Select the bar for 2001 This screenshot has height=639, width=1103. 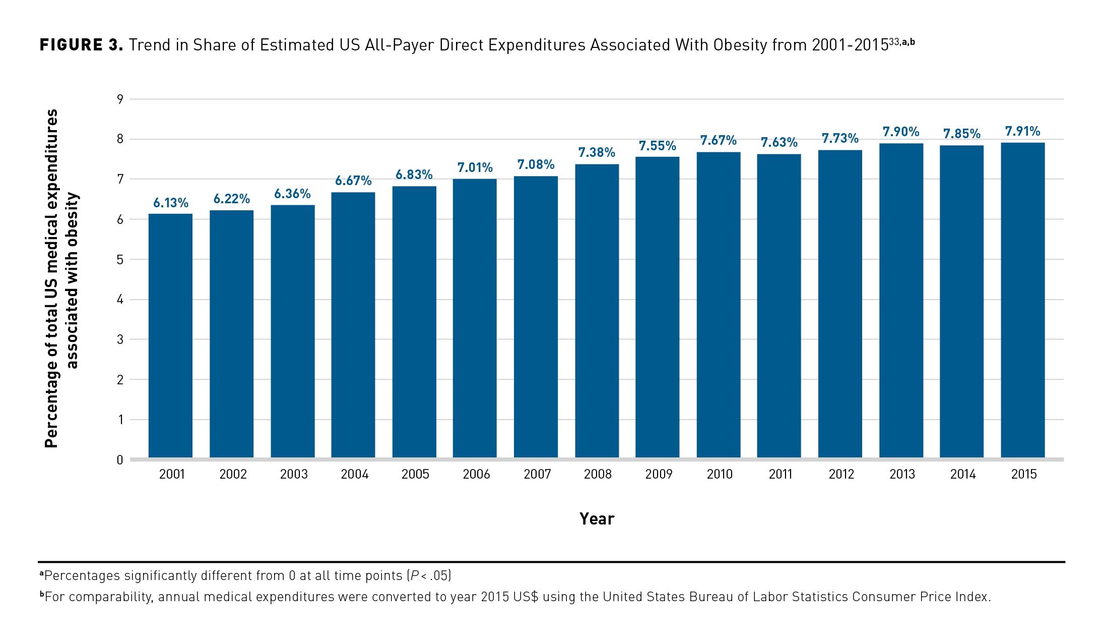pyautogui.click(x=170, y=335)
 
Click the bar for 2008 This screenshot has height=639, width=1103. pyautogui.click(x=597, y=311)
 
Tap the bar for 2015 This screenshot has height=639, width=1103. pyautogui.click(x=1022, y=300)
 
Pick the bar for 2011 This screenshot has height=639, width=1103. pyautogui.click(x=778, y=306)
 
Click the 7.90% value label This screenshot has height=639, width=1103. pyautogui.click(x=900, y=132)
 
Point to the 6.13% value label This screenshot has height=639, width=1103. pyautogui.click(x=171, y=203)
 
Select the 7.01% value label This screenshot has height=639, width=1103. pyautogui.click(x=475, y=167)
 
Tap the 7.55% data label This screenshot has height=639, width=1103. pyautogui.click(x=657, y=146)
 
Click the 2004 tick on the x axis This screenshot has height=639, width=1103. pyautogui.click(x=355, y=474)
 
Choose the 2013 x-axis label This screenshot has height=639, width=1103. pyautogui.click(x=902, y=474)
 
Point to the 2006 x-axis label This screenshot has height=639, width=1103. pyautogui.click(x=476, y=474)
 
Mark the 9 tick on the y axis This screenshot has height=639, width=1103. pyautogui.click(x=120, y=99)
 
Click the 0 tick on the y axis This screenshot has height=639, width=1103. pyautogui.click(x=120, y=460)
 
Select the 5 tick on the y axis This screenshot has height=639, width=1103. pyautogui.click(x=120, y=260)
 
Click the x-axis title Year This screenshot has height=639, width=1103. pyautogui.click(x=597, y=519)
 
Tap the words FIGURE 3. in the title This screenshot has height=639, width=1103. pyautogui.click(x=81, y=45)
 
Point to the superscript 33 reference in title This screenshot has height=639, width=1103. pyautogui.click(x=894, y=41)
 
